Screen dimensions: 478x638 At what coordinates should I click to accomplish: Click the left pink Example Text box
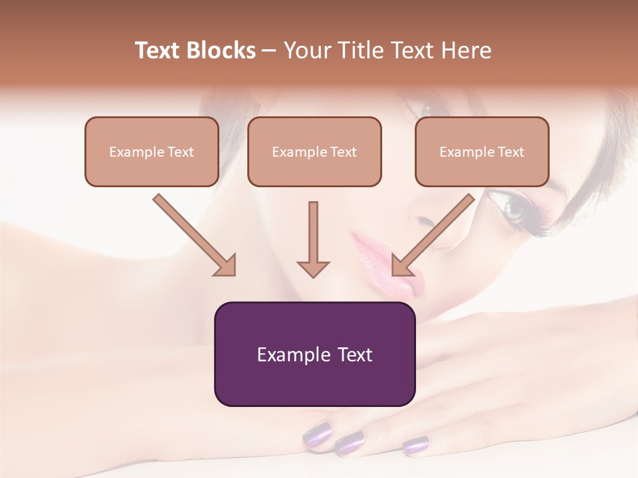click(x=152, y=151)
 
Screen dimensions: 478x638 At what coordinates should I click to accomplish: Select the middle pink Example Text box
click(x=314, y=151)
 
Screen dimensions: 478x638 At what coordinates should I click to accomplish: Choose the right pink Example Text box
click(x=482, y=151)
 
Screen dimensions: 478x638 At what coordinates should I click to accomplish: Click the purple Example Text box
click(x=314, y=354)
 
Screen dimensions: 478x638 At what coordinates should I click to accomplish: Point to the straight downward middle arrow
click(x=313, y=239)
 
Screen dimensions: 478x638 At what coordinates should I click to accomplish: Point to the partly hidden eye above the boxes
click(x=420, y=106)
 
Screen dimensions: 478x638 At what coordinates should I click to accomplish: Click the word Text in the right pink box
click(x=510, y=151)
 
